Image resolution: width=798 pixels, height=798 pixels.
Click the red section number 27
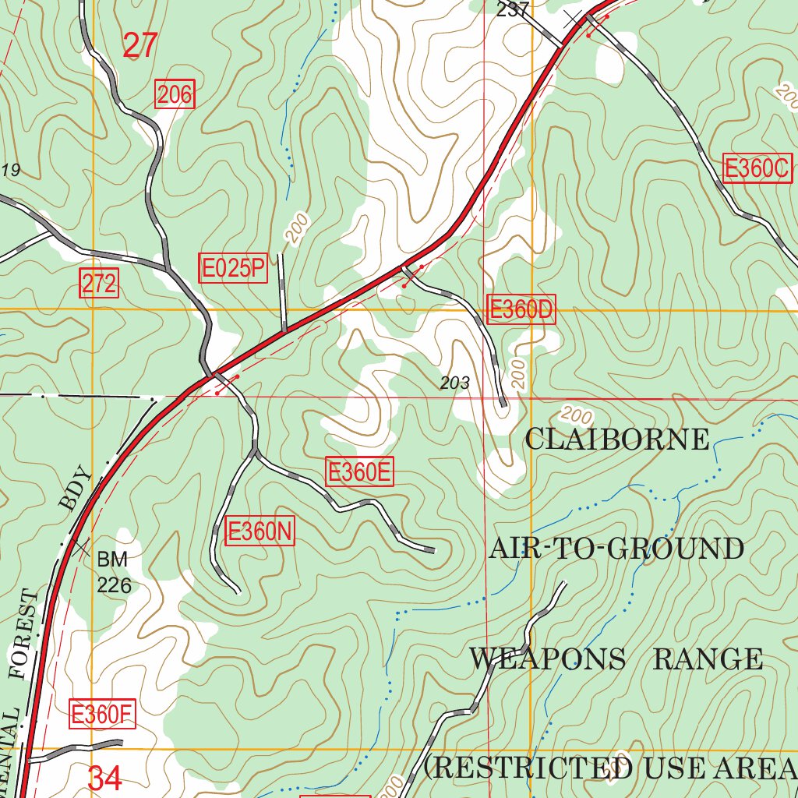point(140,46)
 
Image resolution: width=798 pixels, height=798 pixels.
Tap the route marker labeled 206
point(175,95)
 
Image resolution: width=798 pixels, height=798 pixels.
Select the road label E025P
point(233,269)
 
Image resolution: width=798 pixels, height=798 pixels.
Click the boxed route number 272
point(99,284)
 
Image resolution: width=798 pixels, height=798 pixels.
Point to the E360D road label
point(521,309)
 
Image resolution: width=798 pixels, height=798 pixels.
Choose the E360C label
point(757,168)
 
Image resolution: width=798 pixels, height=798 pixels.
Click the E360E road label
point(359,472)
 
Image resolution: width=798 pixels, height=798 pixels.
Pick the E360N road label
point(260,532)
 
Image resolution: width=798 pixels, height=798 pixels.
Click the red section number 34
point(105,778)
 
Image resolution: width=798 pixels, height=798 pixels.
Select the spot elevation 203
point(454,383)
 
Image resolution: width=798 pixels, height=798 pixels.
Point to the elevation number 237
point(512,9)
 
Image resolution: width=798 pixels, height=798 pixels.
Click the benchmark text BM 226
point(114,572)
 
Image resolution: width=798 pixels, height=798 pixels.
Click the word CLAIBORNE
point(616,440)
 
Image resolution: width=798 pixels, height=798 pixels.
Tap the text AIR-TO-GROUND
point(616,549)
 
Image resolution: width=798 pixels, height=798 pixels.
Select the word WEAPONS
point(547,659)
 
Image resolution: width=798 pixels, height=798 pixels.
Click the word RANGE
point(708,659)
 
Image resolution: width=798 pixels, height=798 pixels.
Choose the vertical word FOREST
point(24,635)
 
